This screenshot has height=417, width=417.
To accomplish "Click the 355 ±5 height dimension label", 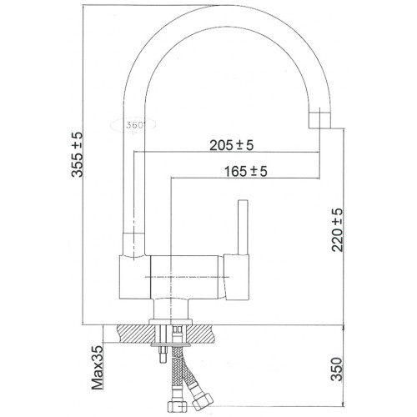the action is coord(77,154).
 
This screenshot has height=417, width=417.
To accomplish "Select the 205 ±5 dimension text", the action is coord(232,145).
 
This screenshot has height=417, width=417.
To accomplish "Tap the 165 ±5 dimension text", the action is coord(246,171).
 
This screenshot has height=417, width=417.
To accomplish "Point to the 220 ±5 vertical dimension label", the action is coord(337,230).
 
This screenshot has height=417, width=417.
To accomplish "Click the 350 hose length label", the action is coord(336,369).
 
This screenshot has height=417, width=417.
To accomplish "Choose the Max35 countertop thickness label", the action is coord(98,368).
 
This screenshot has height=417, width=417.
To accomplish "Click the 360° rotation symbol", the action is coord(133,125).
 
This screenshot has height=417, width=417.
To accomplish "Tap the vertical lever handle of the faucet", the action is coord(243,227).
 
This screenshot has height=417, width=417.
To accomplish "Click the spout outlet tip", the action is coord(319,120).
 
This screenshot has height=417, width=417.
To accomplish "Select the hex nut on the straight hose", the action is coord(176,406).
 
